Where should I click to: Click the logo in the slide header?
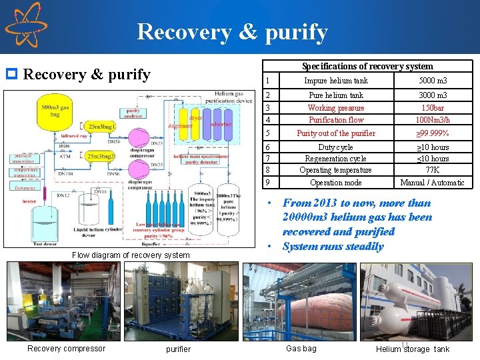(26, 25)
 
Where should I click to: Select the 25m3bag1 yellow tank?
(100, 126)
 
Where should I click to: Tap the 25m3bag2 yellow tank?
(99, 156)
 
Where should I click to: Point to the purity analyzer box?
(133, 113)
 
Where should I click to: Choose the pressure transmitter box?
(25, 159)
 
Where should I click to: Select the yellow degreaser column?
(180, 124)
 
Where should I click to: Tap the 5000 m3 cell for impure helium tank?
(432, 81)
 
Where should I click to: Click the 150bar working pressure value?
(432, 107)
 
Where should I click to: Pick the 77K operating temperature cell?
(432, 169)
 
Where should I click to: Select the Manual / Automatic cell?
(432, 182)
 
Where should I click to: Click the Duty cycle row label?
(335, 147)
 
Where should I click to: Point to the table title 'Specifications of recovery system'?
(367, 66)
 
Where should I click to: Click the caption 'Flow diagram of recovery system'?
(131, 255)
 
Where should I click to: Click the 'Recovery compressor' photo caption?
(66, 348)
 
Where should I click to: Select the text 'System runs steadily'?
(333, 246)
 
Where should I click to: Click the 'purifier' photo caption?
(178, 349)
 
